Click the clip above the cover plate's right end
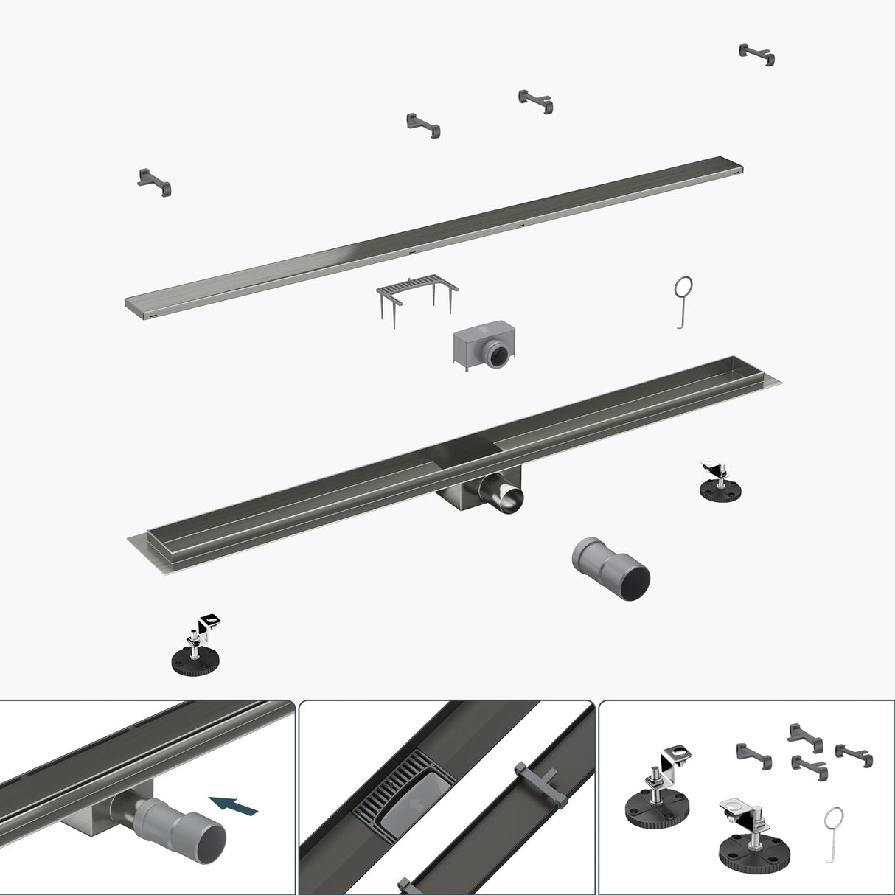coord(757,54)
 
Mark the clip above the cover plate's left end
coord(155,181)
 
